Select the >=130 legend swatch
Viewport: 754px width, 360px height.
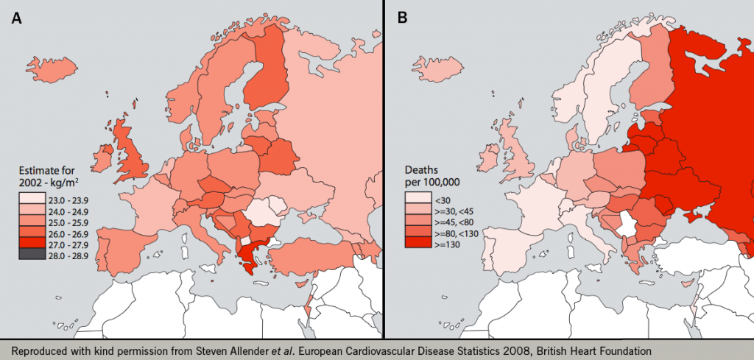(417, 243)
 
